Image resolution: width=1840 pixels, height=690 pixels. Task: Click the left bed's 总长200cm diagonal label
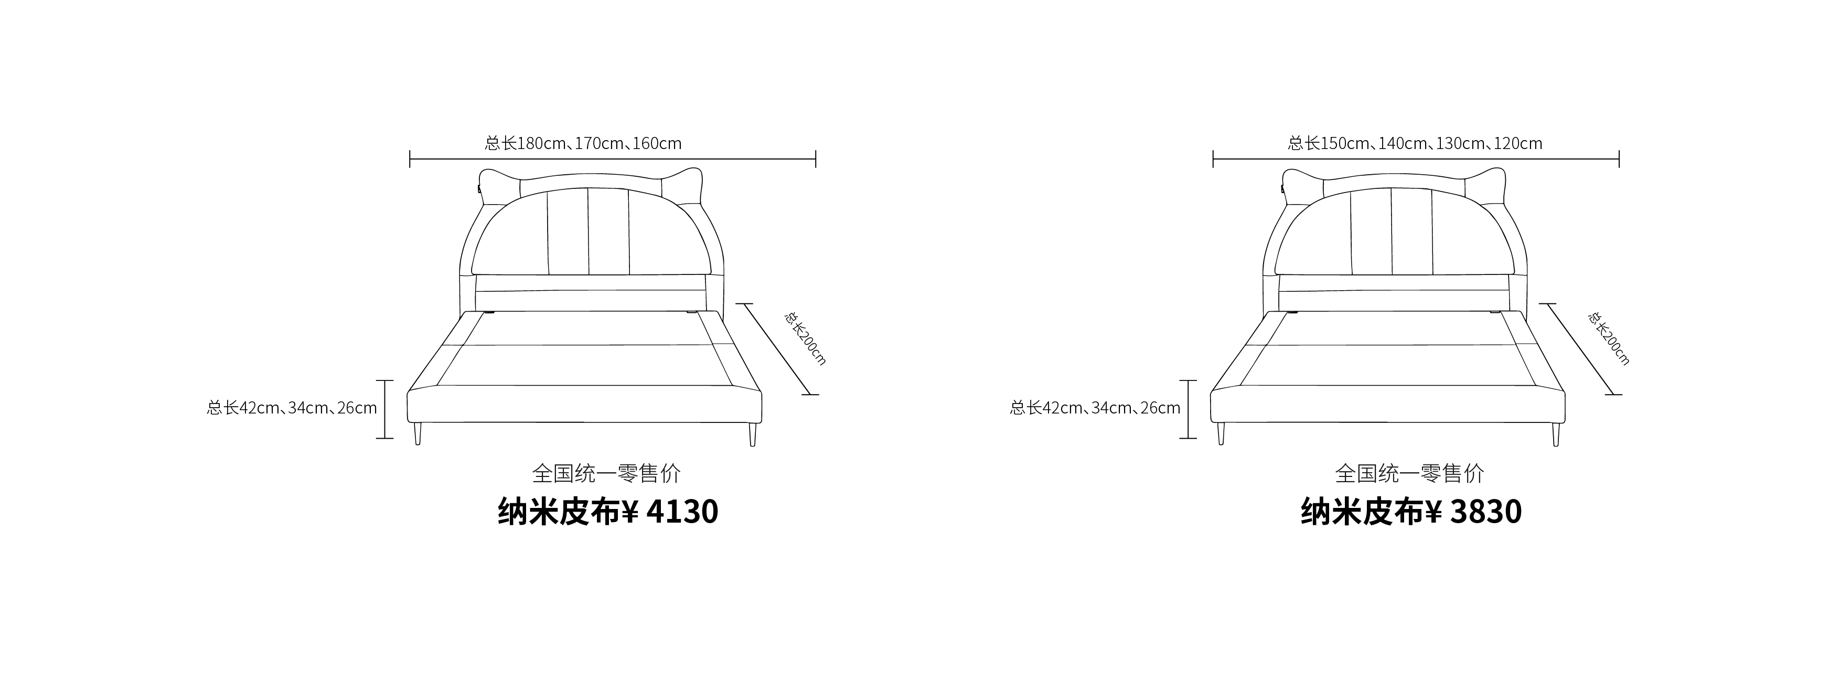tap(805, 338)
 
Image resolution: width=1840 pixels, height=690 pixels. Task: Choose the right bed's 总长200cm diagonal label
tap(1609, 338)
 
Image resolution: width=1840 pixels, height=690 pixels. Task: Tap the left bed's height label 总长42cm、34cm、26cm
tap(292, 408)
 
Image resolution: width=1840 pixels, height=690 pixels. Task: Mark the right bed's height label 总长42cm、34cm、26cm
tap(1095, 408)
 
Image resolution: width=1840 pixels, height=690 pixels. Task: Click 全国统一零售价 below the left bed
tap(606, 473)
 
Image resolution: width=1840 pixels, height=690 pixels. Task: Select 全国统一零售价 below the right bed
tap(1410, 473)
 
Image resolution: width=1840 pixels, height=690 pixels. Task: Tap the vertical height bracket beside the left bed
tap(385, 409)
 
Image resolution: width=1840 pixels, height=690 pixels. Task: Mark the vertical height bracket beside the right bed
tap(1188, 409)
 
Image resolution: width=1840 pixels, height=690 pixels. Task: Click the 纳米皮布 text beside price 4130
tap(559, 512)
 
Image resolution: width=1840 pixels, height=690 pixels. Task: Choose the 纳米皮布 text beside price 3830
tap(1362, 512)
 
